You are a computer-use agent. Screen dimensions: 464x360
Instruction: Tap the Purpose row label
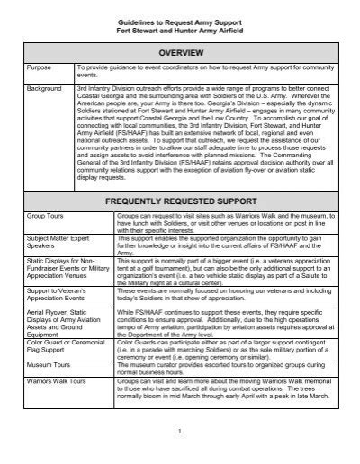40,67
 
